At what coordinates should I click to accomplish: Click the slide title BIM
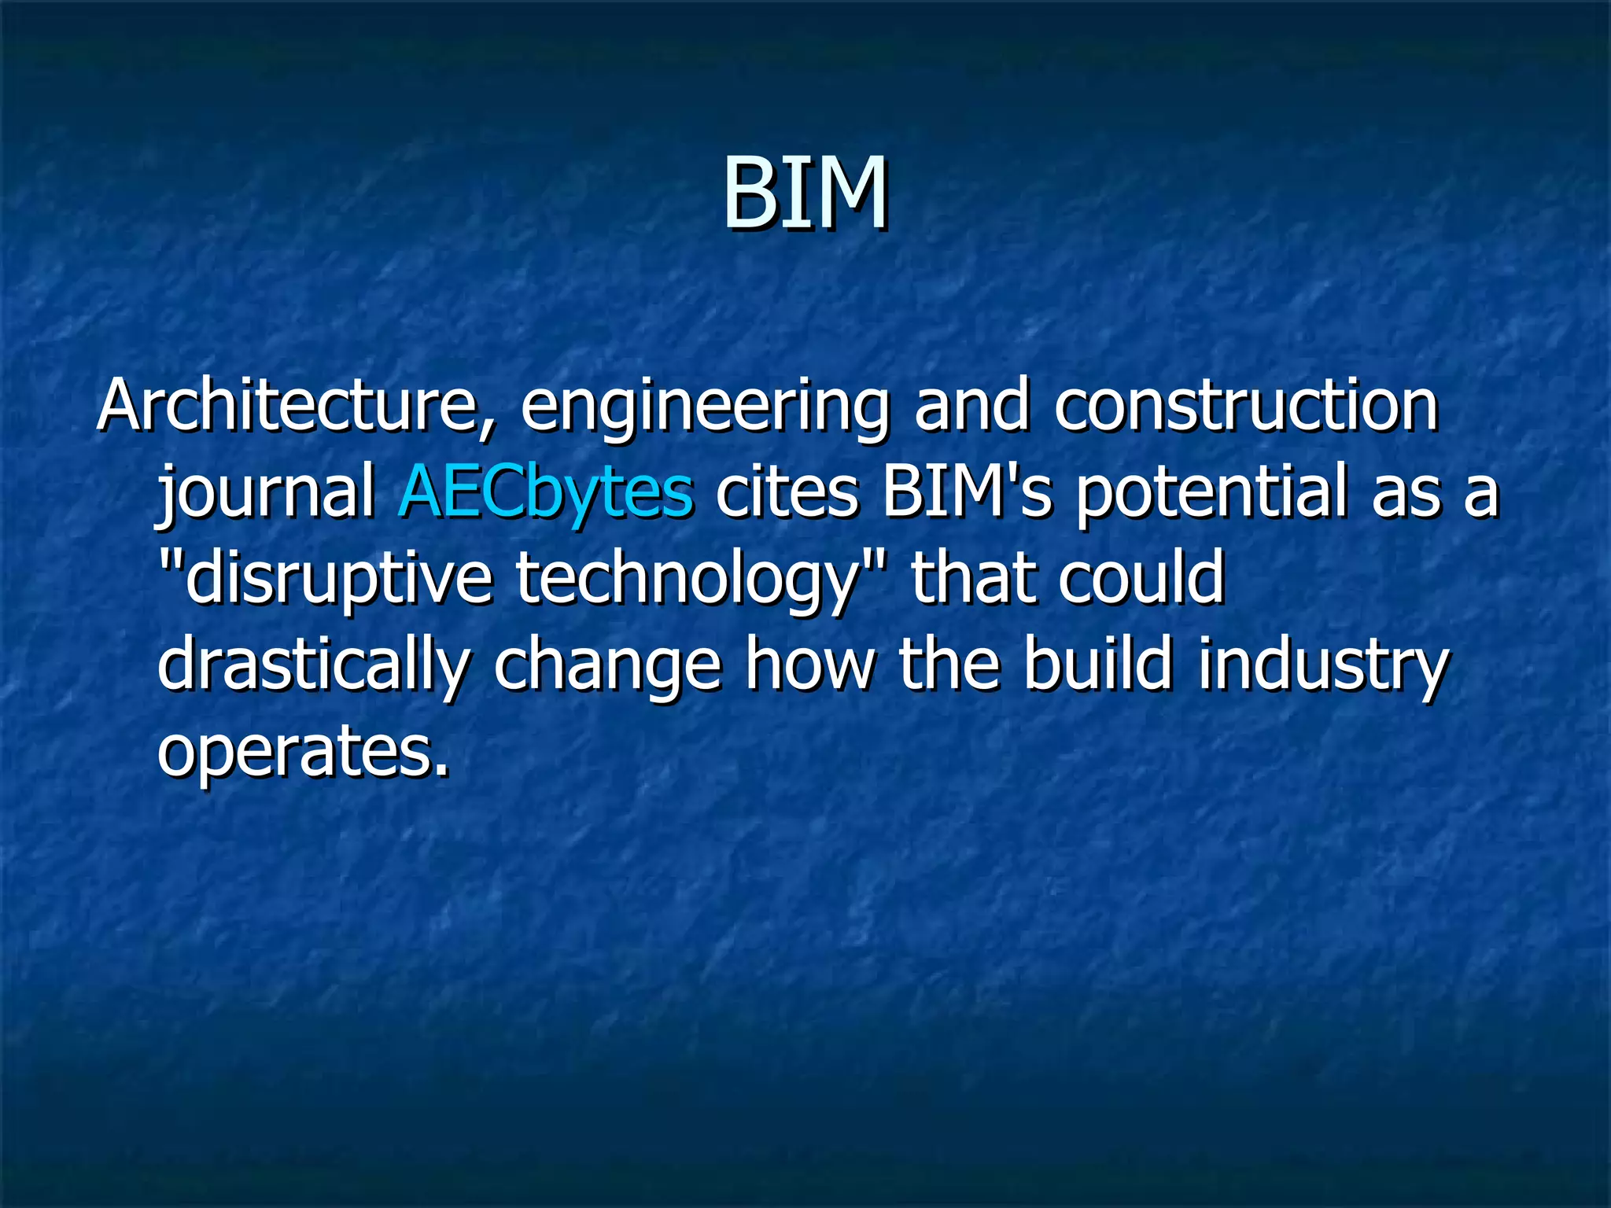[805, 193]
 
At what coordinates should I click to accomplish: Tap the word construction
[1247, 406]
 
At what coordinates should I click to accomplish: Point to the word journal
[267, 494]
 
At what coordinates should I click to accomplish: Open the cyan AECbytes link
[546, 494]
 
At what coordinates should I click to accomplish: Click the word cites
[787, 492]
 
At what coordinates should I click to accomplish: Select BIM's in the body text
[967, 492]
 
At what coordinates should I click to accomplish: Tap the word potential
[1211, 492]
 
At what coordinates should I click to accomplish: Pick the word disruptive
[335, 580]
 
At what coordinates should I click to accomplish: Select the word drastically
[314, 667]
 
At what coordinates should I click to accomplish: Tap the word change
[607, 667]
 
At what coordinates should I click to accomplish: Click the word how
[810, 665]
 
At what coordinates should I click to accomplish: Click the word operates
[304, 752]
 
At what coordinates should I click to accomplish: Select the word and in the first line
[971, 406]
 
